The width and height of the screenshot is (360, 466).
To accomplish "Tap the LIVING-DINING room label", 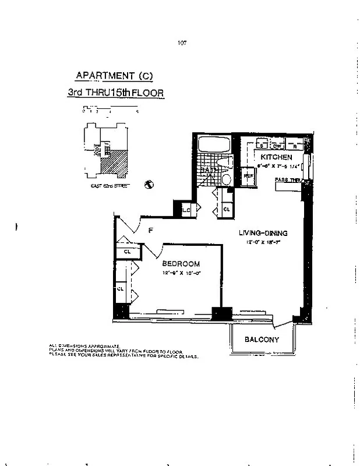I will pos(264,233).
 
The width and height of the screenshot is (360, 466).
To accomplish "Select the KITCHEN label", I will pos(276,157).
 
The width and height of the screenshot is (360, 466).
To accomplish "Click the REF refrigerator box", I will pos(248,175).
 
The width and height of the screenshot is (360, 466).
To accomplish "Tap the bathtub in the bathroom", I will pos(213,144).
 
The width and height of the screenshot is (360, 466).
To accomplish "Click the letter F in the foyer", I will pos(150,231).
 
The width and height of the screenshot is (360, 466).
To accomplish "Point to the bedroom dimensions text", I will pos(181,273).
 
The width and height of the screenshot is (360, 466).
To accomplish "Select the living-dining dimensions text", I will pos(264,242).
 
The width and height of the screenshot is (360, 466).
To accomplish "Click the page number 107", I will pos(181,43).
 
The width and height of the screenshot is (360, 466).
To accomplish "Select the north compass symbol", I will pos(149,185).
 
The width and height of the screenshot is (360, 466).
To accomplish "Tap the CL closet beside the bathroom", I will pos(226,209).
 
